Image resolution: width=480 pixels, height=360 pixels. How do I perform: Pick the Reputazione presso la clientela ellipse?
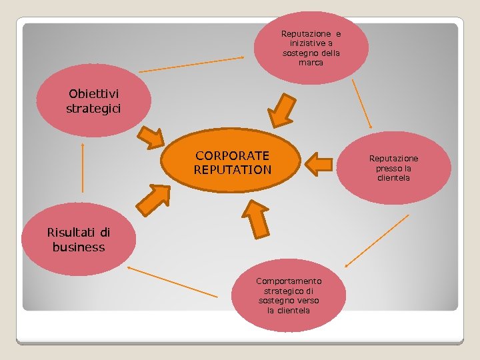394,168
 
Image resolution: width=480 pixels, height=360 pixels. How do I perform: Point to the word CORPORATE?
233,155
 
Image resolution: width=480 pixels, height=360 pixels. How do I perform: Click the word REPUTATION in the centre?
233,170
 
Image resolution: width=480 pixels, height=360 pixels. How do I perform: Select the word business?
79,247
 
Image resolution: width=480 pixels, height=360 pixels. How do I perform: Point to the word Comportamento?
289,281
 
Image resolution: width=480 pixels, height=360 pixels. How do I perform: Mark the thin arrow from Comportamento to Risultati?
171,281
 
